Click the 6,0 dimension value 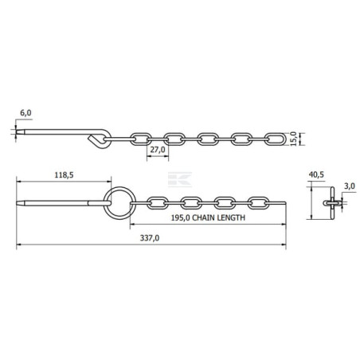coord(25,113)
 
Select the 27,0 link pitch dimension coord(158,150)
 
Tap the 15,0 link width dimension coord(293,139)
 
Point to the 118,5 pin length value coord(64,175)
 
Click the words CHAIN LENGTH coord(218,217)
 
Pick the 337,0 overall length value coord(150,238)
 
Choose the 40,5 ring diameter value coord(316,174)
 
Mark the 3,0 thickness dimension coord(350,186)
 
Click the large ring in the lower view coord(119,187)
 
